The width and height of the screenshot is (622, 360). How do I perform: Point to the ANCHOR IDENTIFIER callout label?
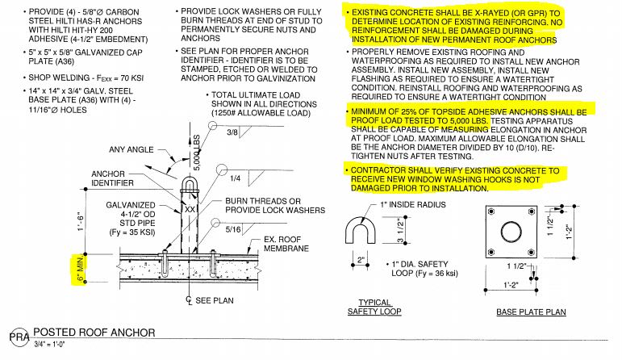117,179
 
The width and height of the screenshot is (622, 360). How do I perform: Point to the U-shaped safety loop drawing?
363,234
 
